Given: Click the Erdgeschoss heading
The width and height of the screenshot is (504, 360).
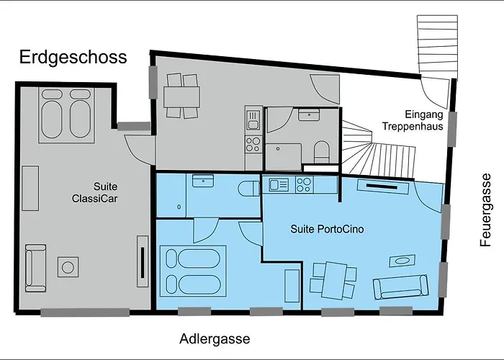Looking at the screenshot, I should coord(73,58).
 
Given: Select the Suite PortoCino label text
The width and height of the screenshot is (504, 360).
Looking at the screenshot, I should coord(327,230).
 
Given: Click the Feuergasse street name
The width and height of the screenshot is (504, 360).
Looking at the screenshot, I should coord(487,210).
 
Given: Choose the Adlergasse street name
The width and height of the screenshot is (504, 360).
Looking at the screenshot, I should coord(215,338).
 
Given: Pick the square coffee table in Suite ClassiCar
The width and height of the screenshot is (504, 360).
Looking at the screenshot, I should coord(68,267).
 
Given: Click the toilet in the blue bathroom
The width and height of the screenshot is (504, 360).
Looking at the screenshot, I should coord(248,189).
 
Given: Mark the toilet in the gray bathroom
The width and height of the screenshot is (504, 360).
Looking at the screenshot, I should coord(321,151).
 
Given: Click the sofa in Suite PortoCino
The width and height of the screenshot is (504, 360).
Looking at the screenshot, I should coord(397,287).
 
